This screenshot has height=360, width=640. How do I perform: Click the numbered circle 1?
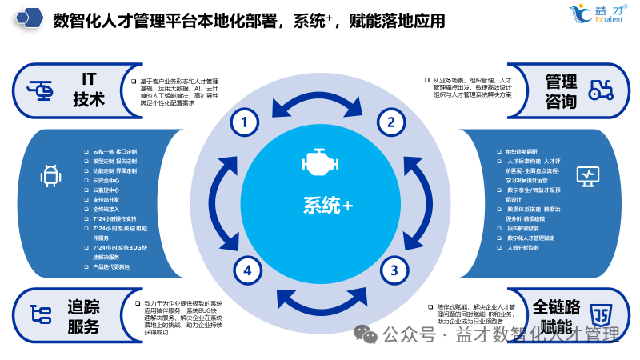[245, 122]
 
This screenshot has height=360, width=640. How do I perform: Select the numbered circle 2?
[391, 122]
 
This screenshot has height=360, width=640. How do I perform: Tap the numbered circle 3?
[393, 270]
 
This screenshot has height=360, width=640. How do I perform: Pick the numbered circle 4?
[247, 270]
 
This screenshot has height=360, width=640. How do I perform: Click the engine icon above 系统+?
[319, 163]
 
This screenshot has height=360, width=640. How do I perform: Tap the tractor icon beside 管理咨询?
[601, 90]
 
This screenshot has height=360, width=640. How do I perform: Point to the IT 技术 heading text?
[89, 89]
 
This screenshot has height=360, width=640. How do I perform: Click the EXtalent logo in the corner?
[598, 14]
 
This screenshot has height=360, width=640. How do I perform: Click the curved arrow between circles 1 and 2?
[318, 99]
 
